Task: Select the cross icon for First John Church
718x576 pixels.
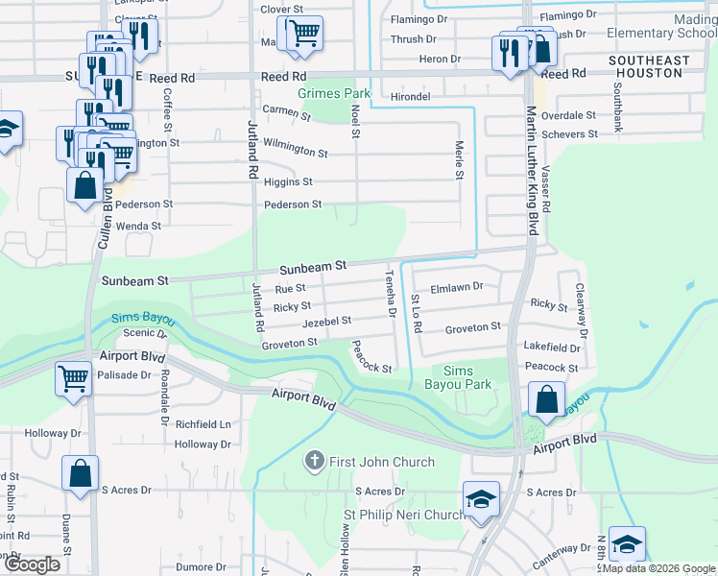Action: click(x=313, y=462)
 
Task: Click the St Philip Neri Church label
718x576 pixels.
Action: click(x=404, y=516)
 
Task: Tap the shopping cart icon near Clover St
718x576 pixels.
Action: click(x=304, y=34)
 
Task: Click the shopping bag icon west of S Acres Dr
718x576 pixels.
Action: click(x=80, y=473)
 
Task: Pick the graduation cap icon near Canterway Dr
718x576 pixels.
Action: click(x=626, y=544)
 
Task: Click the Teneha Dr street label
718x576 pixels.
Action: click(x=391, y=294)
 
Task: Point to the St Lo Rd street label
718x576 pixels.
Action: click(x=417, y=313)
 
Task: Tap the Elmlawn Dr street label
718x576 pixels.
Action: click(x=457, y=286)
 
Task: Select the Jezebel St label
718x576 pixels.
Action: click(x=327, y=321)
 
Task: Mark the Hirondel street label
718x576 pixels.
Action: click(x=411, y=97)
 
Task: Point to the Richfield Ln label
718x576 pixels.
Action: click(x=203, y=423)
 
